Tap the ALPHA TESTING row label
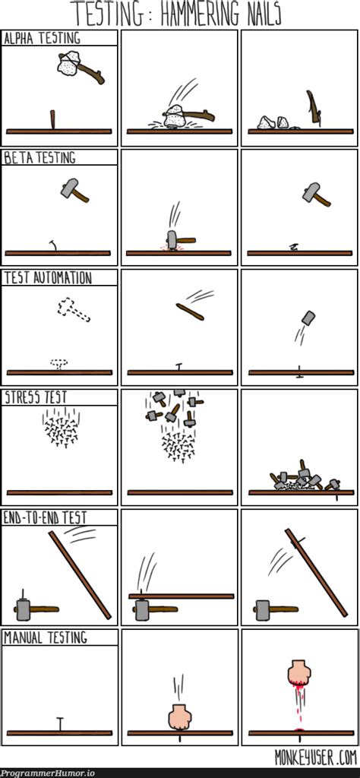pyautogui.click(x=42, y=39)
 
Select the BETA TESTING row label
pyautogui.click(x=40, y=158)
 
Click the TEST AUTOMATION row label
pyautogui.click(x=48, y=278)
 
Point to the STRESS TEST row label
pyautogui.click(x=36, y=397)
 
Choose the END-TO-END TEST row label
pyautogui.click(x=45, y=518)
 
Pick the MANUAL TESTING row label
pyautogui.click(x=46, y=637)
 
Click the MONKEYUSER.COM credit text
pyautogui.click(x=316, y=757)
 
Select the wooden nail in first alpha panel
pyautogui.click(x=53, y=120)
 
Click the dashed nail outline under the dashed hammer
pyautogui.click(x=59, y=364)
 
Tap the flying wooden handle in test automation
pyautogui.click(x=190, y=312)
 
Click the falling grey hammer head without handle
pyautogui.click(x=308, y=318)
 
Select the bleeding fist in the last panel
pyautogui.click(x=299, y=672)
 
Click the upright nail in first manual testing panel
pyautogui.click(x=61, y=724)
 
